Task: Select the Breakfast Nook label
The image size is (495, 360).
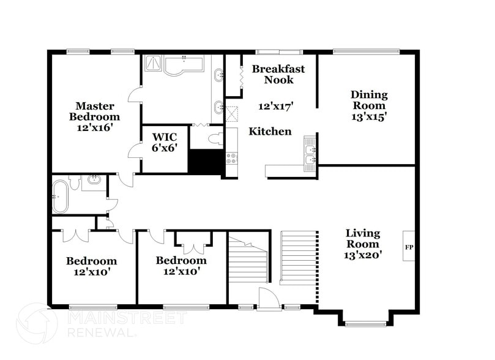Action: click(x=278, y=74)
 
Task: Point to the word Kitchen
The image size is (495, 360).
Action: click(x=270, y=131)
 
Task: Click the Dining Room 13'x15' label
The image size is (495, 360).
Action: click(x=369, y=105)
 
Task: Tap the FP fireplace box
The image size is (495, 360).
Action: click(x=409, y=246)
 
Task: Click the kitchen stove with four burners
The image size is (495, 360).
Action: click(x=232, y=157)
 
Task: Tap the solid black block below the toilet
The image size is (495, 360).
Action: click(x=205, y=162)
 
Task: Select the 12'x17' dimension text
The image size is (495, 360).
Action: click(x=276, y=105)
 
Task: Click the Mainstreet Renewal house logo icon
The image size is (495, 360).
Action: click(x=37, y=322)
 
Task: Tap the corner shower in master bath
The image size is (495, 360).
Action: click(x=154, y=64)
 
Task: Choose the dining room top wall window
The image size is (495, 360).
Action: click(x=365, y=51)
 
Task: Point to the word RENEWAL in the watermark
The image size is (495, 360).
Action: click(x=101, y=333)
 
